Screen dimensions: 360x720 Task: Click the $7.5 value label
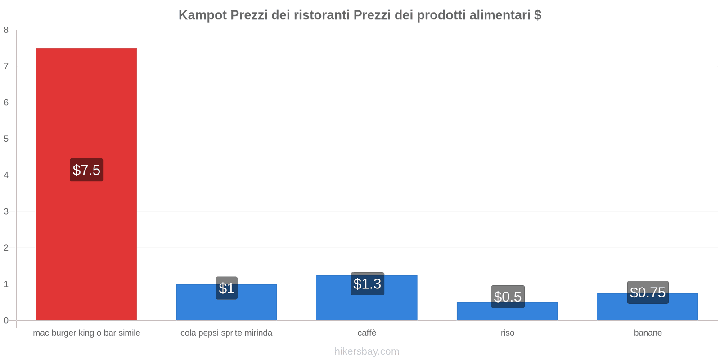pyautogui.click(x=86, y=170)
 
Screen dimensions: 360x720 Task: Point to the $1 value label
pyautogui.click(x=226, y=288)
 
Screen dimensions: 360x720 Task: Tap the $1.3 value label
pyautogui.click(x=367, y=284)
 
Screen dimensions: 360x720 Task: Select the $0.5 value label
pyautogui.click(x=508, y=297)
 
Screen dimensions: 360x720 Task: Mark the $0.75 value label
pyautogui.click(x=648, y=292)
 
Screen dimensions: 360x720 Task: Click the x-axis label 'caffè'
pyautogui.click(x=367, y=333)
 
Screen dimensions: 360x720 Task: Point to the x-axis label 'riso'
pyautogui.click(x=507, y=333)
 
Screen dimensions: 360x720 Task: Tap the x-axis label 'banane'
pyautogui.click(x=648, y=333)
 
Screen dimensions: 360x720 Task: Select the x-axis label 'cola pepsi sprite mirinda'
pyautogui.click(x=226, y=333)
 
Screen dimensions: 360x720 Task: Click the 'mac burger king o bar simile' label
pyautogui.click(x=86, y=333)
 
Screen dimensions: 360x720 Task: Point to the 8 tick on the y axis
pyautogui.click(x=6, y=30)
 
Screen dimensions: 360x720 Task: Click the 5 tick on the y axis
pyautogui.click(x=6, y=139)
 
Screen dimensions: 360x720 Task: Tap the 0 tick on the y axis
pyautogui.click(x=6, y=320)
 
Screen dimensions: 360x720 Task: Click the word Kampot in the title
pyautogui.click(x=202, y=15)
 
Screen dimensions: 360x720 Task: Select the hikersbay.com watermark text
pyautogui.click(x=367, y=351)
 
